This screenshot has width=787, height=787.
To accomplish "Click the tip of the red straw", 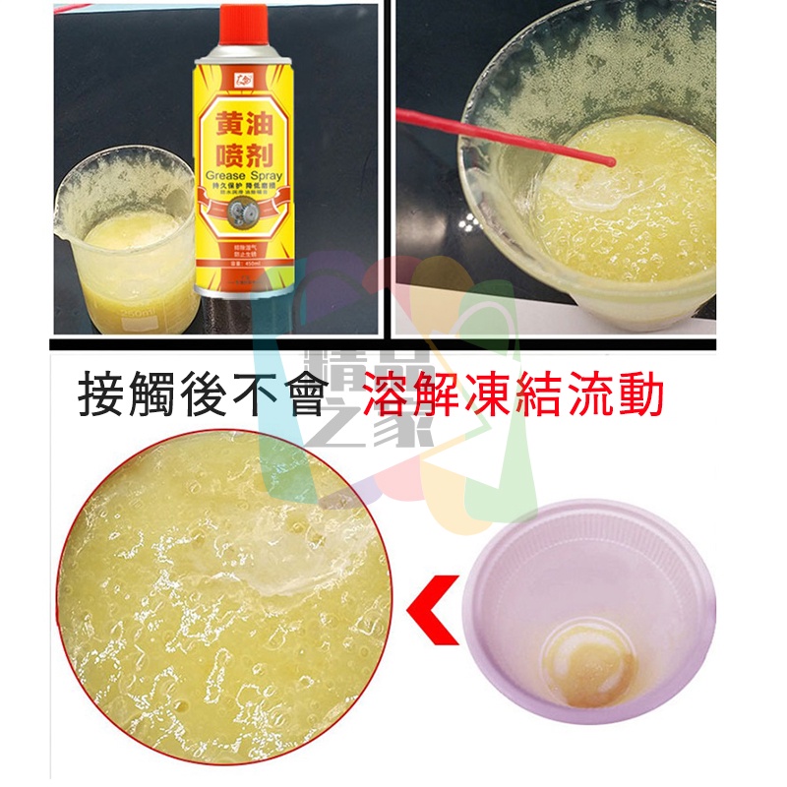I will [x=612, y=161].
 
